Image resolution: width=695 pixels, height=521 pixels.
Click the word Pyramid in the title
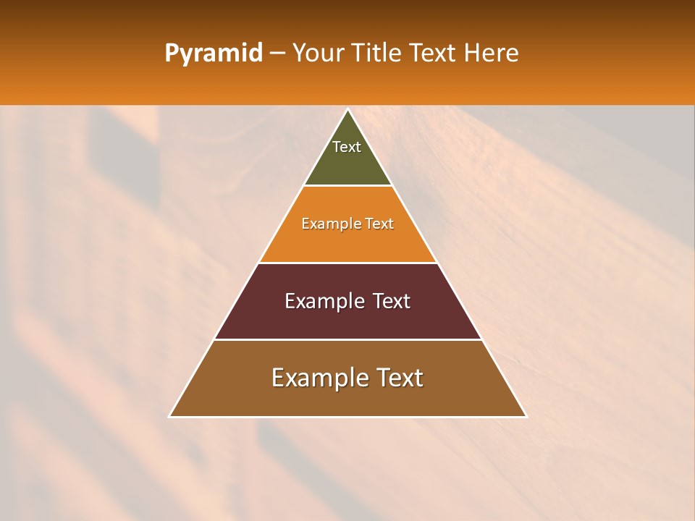[x=213, y=54]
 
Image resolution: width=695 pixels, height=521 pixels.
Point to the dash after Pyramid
[x=277, y=54]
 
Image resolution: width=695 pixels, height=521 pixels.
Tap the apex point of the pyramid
[x=348, y=109]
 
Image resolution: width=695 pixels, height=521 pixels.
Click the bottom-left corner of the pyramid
[x=169, y=416]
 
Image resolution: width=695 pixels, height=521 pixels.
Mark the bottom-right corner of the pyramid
[x=526, y=416]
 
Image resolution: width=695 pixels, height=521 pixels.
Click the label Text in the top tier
[x=347, y=147]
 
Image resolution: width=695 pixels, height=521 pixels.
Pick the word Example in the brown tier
[x=317, y=378]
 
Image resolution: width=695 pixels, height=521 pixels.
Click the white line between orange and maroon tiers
[x=347, y=263]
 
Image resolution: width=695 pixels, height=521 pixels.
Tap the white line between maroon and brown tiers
[x=347, y=339]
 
